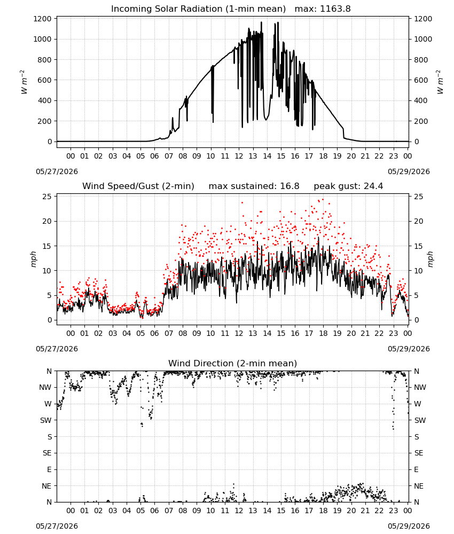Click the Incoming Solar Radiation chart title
(x=198, y=9)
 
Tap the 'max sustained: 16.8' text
(x=254, y=186)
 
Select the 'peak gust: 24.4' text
(x=348, y=186)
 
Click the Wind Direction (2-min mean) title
(x=233, y=363)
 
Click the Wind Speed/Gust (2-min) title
(x=138, y=186)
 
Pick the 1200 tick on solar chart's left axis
(x=43, y=19)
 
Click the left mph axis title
(x=33, y=259)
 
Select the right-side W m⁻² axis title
(x=440, y=82)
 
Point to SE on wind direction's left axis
(x=47, y=453)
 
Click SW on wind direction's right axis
(x=420, y=420)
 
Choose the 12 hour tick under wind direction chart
(x=239, y=511)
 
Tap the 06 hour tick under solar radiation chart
(x=154, y=156)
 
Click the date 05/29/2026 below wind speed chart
(x=409, y=349)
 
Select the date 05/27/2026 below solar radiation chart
(x=57, y=171)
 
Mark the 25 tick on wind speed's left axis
(x=48, y=197)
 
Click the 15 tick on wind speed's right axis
(x=419, y=246)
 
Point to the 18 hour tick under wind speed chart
(x=323, y=333)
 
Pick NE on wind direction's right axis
(x=419, y=486)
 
